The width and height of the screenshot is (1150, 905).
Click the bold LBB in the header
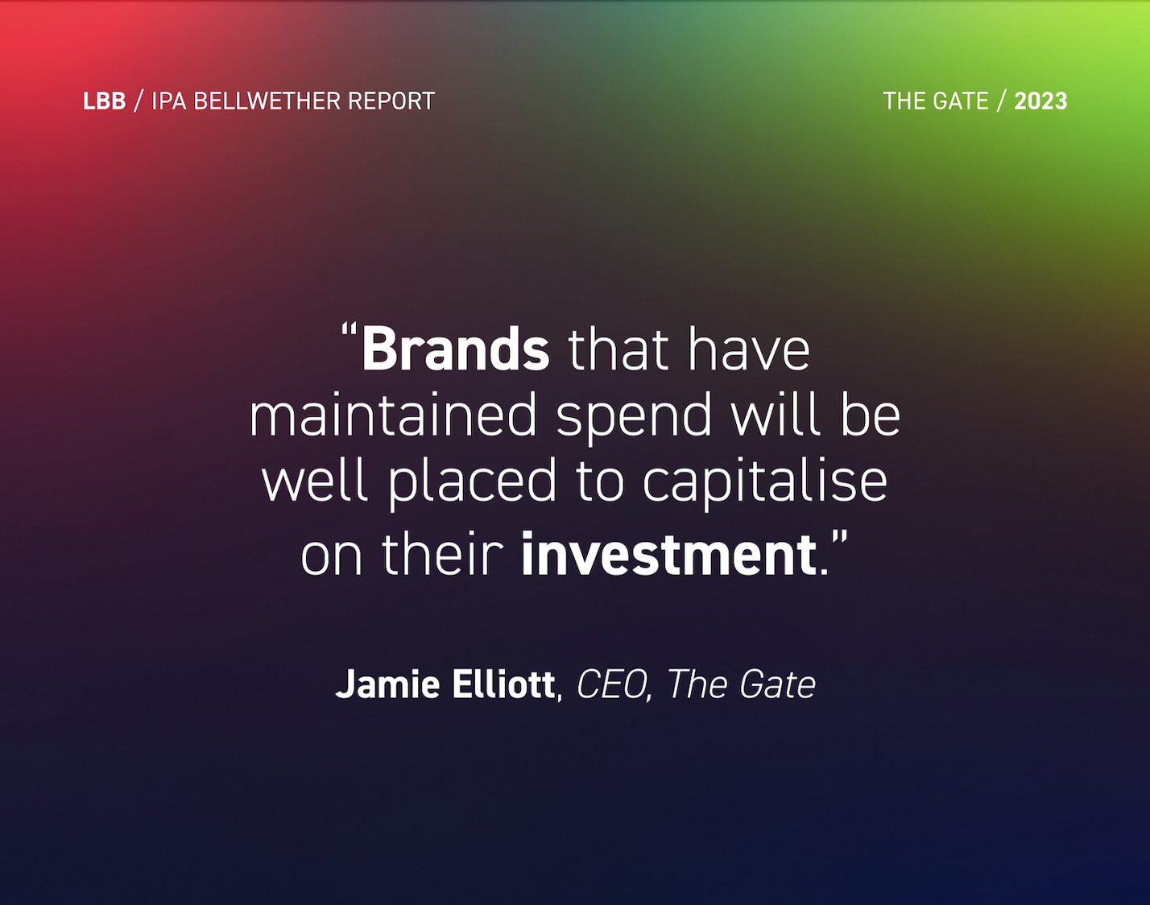click(104, 101)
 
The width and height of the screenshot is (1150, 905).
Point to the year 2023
click(1040, 101)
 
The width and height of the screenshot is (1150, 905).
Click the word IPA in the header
click(169, 101)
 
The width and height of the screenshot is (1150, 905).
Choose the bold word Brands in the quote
click(455, 350)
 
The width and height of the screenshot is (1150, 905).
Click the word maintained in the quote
click(393, 416)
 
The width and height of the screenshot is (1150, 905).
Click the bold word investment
click(668, 555)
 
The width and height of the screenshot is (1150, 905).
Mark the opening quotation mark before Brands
click(349, 332)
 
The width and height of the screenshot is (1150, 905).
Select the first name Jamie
click(375, 685)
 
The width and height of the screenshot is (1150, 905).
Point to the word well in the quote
click(317, 481)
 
